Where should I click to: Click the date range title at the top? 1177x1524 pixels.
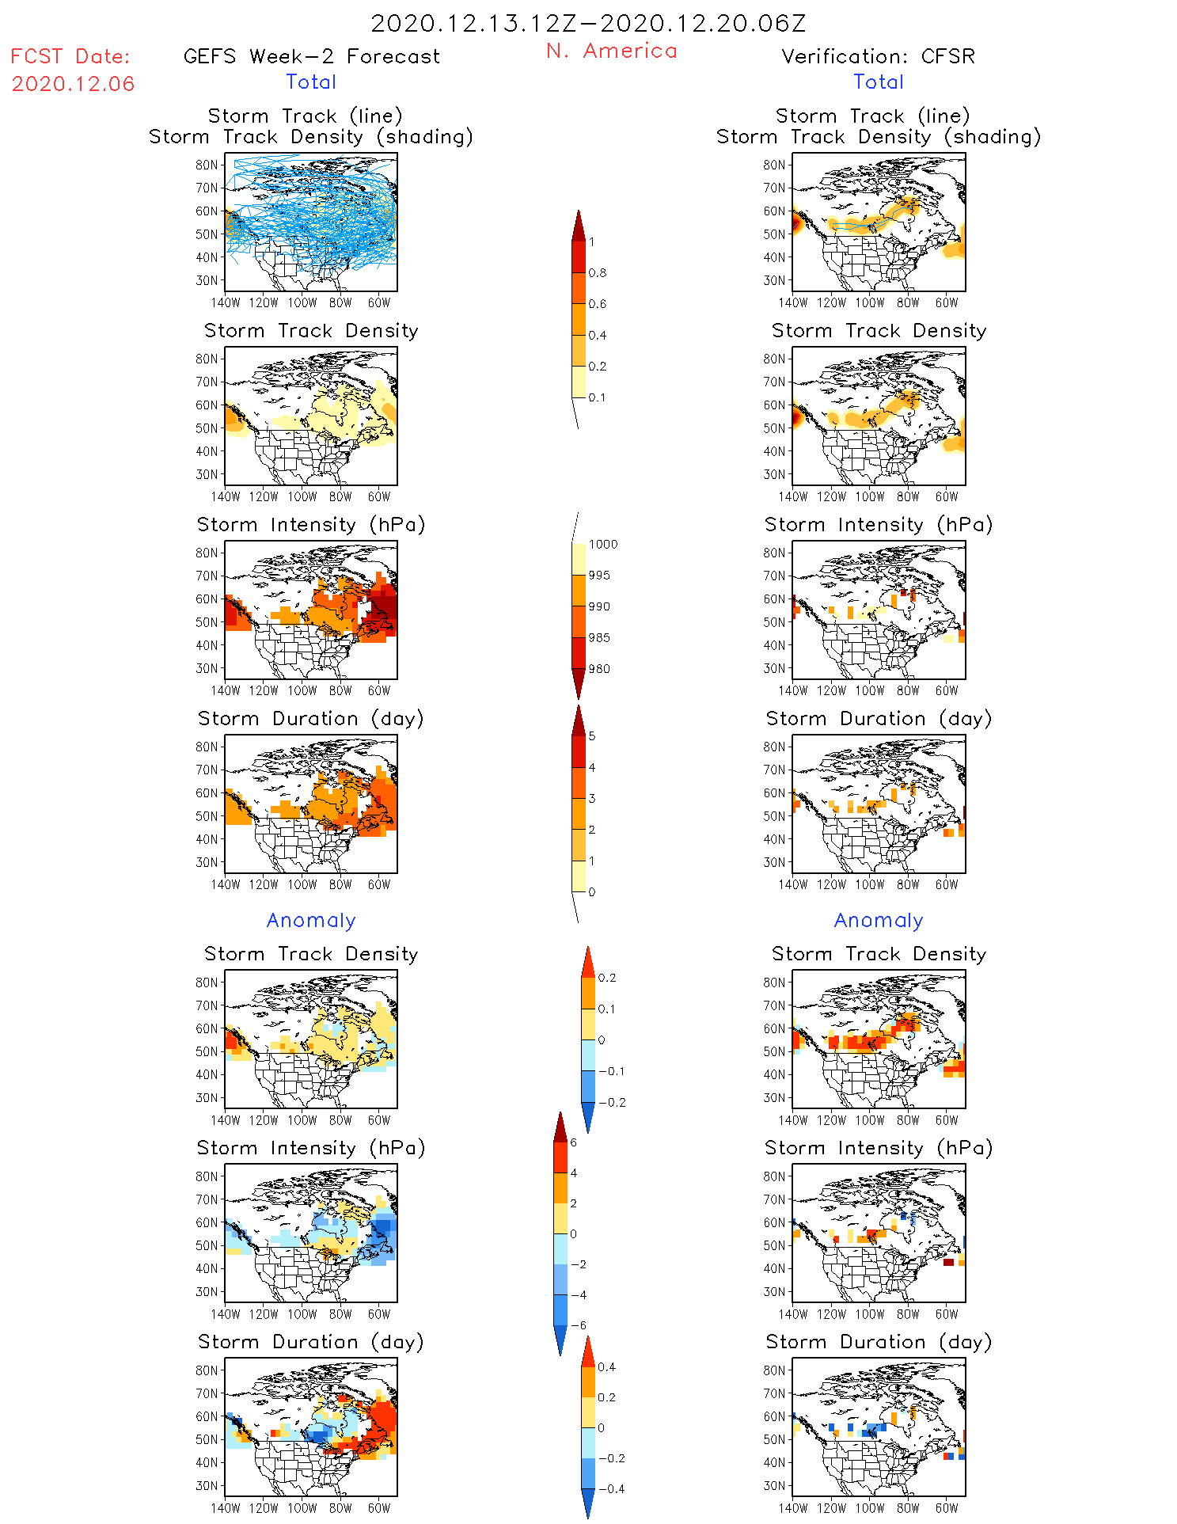click(x=588, y=23)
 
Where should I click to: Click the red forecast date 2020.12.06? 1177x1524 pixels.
click(x=73, y=84)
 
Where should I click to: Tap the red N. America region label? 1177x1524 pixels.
click(x=611, y=51)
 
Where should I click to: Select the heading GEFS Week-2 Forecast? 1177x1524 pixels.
click(x=311, y=56)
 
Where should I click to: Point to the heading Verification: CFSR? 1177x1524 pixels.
click(x=878, y=56)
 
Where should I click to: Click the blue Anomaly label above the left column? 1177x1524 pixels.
click(x=311, y=920)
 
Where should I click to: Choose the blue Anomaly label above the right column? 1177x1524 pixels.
click(x=879, y=920)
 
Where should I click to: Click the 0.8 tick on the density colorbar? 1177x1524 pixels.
click(x=598, y=273)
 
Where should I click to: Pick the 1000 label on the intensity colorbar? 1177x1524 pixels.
click(x=602, y=545)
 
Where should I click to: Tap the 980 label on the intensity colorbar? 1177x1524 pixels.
click(x=599, y=669)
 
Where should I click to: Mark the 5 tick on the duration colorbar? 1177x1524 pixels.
click(x=592, y=736)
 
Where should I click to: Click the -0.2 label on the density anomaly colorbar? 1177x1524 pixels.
click(x=611, y=1103)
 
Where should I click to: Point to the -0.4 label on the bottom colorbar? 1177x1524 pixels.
click(x=611, y=1488)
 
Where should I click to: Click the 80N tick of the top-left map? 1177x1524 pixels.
click(x=207, y=165)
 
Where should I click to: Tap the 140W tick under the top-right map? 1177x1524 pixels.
click(x=793, y=302)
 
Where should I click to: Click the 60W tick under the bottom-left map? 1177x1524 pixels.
click(x=379, y=1508)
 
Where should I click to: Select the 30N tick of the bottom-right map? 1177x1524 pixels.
click(x=774, y=1485)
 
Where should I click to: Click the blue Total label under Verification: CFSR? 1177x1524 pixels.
click(x=879, y=82)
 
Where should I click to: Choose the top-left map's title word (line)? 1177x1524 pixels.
click(x=376, y=116)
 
